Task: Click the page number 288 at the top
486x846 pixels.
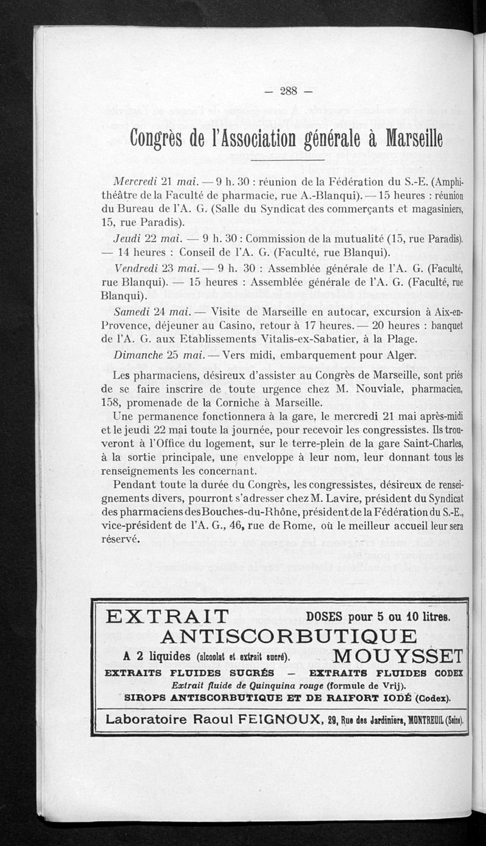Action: coord(287,91)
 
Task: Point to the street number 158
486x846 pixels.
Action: coord(111,402)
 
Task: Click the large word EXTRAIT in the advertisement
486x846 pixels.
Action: coord(167,616)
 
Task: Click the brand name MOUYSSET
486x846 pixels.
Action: coord(399,656)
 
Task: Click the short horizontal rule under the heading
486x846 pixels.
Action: coord(287,160)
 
